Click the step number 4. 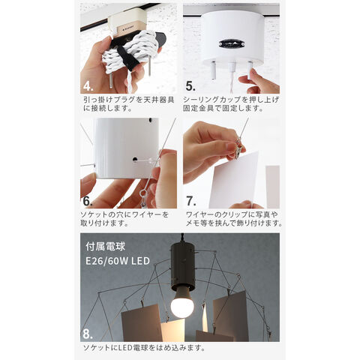88,85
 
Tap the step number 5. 190,85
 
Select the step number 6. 88,201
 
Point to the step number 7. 191,201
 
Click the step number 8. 88,334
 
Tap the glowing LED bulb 182,303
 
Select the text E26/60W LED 118,261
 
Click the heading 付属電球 105,247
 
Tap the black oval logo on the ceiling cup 232,43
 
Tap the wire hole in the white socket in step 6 135,159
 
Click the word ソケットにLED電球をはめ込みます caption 144,347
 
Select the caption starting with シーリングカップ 231,104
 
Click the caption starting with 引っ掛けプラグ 128,104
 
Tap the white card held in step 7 234,179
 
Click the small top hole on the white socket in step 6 150,120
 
